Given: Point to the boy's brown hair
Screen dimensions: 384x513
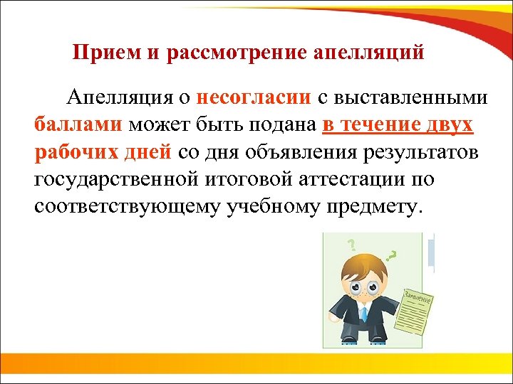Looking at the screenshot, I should (x=363, y=266).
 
